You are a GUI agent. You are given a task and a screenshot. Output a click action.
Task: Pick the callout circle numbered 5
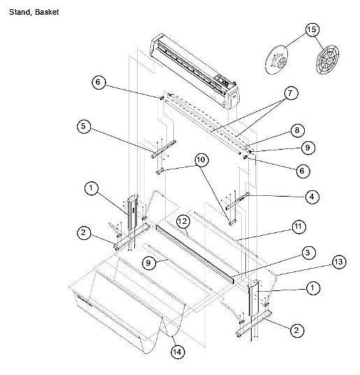pos(84,126)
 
